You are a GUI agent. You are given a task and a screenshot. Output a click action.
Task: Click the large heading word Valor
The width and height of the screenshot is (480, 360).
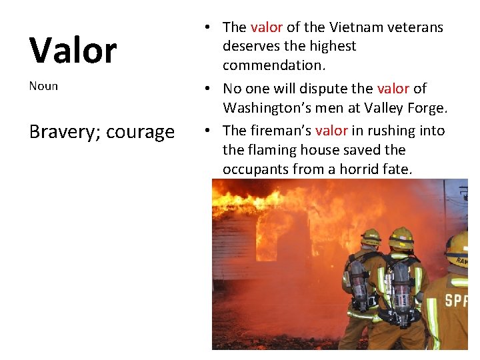pos(73,50)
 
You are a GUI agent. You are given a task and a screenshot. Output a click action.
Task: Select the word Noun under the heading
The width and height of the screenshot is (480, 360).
pos(43,86)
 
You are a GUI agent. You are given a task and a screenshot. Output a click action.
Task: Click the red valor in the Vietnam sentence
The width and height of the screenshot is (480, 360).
pos(266,27)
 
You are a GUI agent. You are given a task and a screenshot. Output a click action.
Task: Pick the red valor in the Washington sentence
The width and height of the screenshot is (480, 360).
pos(393,89)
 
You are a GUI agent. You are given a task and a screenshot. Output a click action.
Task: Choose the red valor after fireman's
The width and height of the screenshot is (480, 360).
pos(331,131)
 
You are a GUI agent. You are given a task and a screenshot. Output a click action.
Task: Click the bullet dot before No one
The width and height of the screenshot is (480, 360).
pos(209,89)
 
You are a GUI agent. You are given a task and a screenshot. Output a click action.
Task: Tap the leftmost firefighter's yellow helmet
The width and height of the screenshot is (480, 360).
pos(371,237)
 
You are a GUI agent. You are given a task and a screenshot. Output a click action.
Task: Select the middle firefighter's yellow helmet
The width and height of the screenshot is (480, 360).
pos(401,237)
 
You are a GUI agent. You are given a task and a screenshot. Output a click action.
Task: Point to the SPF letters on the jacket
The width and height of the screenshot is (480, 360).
pos(457,299)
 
